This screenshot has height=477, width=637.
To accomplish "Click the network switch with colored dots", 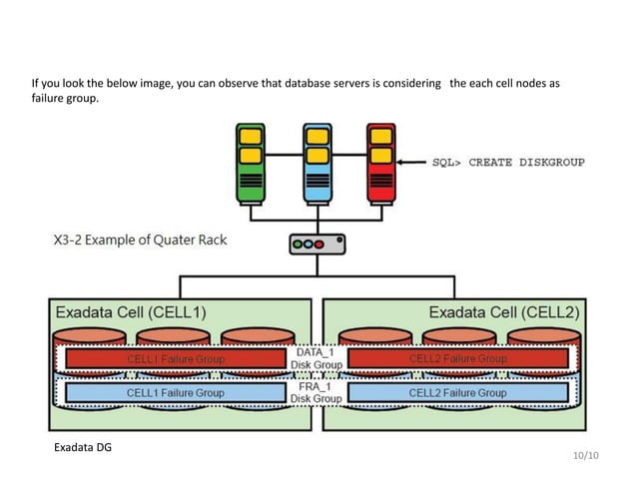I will tap(316, 244).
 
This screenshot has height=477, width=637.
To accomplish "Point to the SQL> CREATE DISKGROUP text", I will tap(507, 162).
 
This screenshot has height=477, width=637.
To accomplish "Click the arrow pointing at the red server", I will tap(412, 162).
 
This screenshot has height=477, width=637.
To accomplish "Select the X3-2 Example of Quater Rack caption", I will tap(140, 240).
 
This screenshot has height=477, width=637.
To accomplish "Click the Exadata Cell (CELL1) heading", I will tap(131, 312).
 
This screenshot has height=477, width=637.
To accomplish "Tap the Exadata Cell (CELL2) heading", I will tap(504, 312).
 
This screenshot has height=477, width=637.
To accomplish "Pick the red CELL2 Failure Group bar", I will tap(457, 358).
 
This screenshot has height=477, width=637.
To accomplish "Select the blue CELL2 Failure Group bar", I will tap(457, 393).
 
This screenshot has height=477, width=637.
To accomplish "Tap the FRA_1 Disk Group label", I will tap(316, 392).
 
